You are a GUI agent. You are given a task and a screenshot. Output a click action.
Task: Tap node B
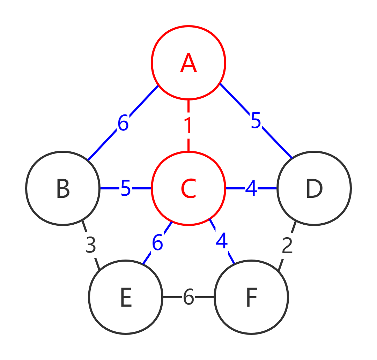pos(63,188)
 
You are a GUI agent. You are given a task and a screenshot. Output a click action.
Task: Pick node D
pos(314,188)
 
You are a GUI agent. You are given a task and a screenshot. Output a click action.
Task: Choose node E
pos(126,297)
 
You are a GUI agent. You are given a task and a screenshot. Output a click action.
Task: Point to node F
pos(251,297)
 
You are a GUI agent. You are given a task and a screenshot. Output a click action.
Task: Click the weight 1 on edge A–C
pos(188,126)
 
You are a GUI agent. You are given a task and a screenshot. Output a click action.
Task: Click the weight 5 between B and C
pos(126,189)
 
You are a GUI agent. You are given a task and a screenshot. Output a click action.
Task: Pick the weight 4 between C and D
pos(251,189)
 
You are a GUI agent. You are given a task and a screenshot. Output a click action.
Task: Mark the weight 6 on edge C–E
pos(157,243)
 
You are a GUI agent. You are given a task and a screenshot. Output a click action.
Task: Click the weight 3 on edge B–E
pos(91,246)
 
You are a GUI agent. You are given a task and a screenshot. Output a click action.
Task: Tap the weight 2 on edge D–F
pos(287,246)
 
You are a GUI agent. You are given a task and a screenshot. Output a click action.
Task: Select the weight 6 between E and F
pos(188,298)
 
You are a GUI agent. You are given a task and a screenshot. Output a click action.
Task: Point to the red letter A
pos(188,64)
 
